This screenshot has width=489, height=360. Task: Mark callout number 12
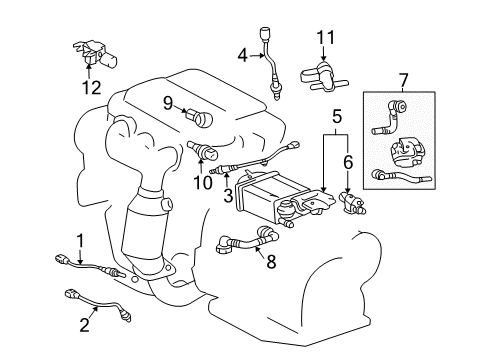click(92, 87)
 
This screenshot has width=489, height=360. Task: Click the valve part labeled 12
click(91, 54)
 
